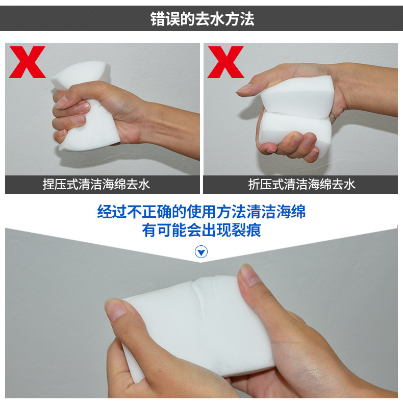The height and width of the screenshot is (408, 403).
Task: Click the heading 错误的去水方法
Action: pyautogui.click(x=202, y=19)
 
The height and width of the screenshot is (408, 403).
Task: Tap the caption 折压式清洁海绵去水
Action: pyautogui.click(x=301, y=185)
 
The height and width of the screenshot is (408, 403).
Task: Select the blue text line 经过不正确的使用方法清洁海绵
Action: pyautogui.click(x=202, y=212)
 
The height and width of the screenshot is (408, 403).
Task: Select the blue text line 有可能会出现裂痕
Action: pyautogui.click(x=202, y=230)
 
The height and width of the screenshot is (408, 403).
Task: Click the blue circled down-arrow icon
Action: pyautogui.click(x=202, y=252)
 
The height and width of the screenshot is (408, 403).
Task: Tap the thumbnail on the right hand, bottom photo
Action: pyautogui.click(x=250, y=275)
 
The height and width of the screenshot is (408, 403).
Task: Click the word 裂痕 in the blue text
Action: pyautogui.click(x=249, y=230)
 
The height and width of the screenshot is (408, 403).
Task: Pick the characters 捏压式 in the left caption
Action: pyautogui.click(x=61, y=185)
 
